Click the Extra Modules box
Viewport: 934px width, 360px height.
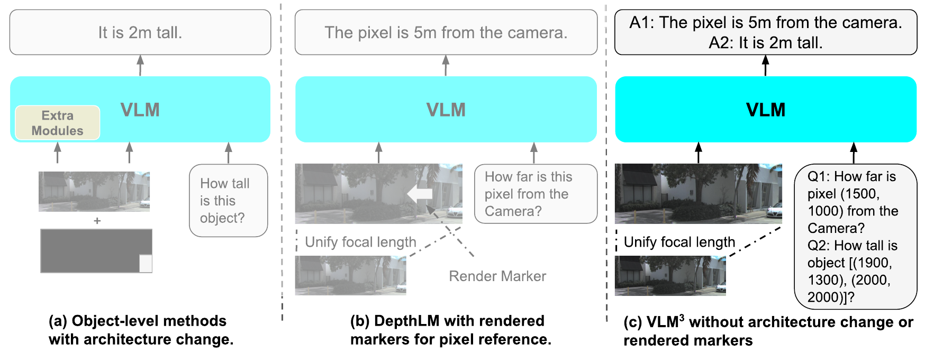point(57,123)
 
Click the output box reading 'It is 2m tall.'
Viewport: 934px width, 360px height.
point(140,32)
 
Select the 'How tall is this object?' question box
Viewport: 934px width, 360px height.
point(229,201)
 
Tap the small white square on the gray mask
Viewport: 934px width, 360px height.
point(146,264)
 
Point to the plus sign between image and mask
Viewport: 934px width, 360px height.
point(97,221)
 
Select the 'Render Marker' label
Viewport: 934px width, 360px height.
point(497,276)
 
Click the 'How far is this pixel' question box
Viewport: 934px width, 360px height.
point(536,194)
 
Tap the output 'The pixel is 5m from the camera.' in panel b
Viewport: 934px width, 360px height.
point(446,32)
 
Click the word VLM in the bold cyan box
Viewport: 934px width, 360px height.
point(766,110)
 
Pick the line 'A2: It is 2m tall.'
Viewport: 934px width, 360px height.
point(766,42)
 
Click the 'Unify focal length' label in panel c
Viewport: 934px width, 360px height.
point(679,242)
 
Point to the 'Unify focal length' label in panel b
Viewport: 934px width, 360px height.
point(360,242)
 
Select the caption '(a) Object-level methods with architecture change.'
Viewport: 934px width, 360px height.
point(141,330)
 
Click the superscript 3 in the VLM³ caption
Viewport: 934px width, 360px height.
point(682,318)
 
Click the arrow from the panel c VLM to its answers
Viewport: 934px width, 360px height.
point(765,66)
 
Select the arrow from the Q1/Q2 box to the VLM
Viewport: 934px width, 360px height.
point(853,153)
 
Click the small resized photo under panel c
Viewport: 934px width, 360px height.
point(670,275)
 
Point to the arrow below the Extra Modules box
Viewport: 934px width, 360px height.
point(58,152)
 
